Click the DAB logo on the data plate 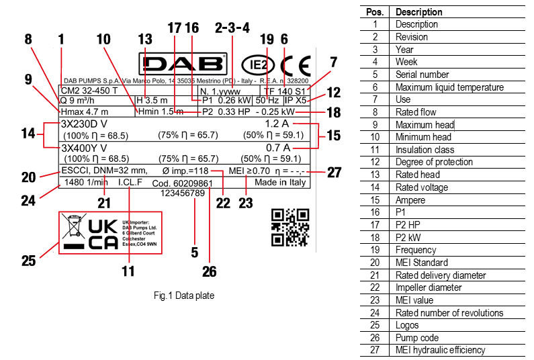(x=182, y=64)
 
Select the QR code (x=290, y=227)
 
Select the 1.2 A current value (x=277, y=125)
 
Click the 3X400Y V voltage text (x=84, y=148)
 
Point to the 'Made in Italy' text (x=281, y=182)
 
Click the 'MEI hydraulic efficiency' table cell (x=440, y=349)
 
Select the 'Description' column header (x=418, y=12)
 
